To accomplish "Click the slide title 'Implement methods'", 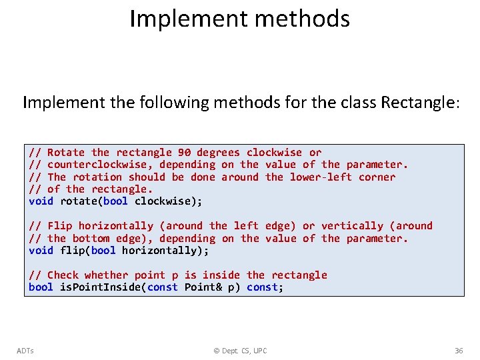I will pos(239,19).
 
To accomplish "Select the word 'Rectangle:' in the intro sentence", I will pos(420,103).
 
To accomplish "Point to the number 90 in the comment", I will pos(184,153).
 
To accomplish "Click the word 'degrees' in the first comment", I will pos(218,153).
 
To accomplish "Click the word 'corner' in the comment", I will pos(377,177).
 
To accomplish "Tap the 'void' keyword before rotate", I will pos(41,201).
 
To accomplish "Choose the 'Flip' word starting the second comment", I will pos(60,226).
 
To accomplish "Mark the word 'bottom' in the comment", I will pos(91,239).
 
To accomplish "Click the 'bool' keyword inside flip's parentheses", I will pos(103,251).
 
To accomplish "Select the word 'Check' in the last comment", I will pos(63,275).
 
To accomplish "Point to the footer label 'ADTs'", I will pos(25,351).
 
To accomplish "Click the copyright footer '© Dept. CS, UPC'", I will pos(240,351).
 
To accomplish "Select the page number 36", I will pos(458,351).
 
